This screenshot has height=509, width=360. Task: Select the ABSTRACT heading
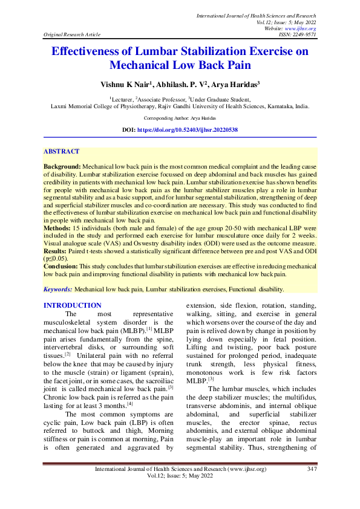coord(62,151)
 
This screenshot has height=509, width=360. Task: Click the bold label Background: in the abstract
coord(62,165)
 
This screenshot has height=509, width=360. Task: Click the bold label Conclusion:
coord(62,267)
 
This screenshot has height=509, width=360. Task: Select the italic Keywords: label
coord(59,289)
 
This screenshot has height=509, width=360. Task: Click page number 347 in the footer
coord(312,487)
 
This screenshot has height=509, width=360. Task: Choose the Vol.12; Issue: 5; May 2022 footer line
coord(180,493)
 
